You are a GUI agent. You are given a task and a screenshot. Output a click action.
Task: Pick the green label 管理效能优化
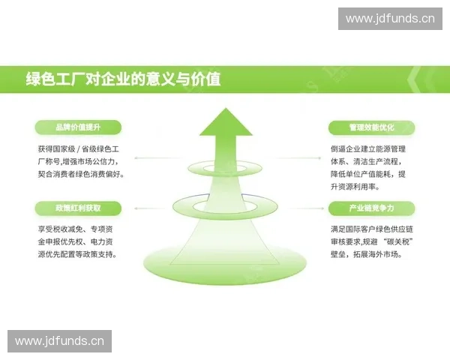[371, 127]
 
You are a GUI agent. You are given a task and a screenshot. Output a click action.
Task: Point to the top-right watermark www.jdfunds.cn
[390, 18]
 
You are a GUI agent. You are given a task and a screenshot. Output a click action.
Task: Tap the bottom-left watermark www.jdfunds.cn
[60, 341]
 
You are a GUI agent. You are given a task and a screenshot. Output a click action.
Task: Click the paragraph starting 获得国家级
[81, 161]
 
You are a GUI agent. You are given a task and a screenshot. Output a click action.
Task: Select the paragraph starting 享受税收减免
[81, 241]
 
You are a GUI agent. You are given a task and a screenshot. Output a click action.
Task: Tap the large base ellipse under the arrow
[225, 262]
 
